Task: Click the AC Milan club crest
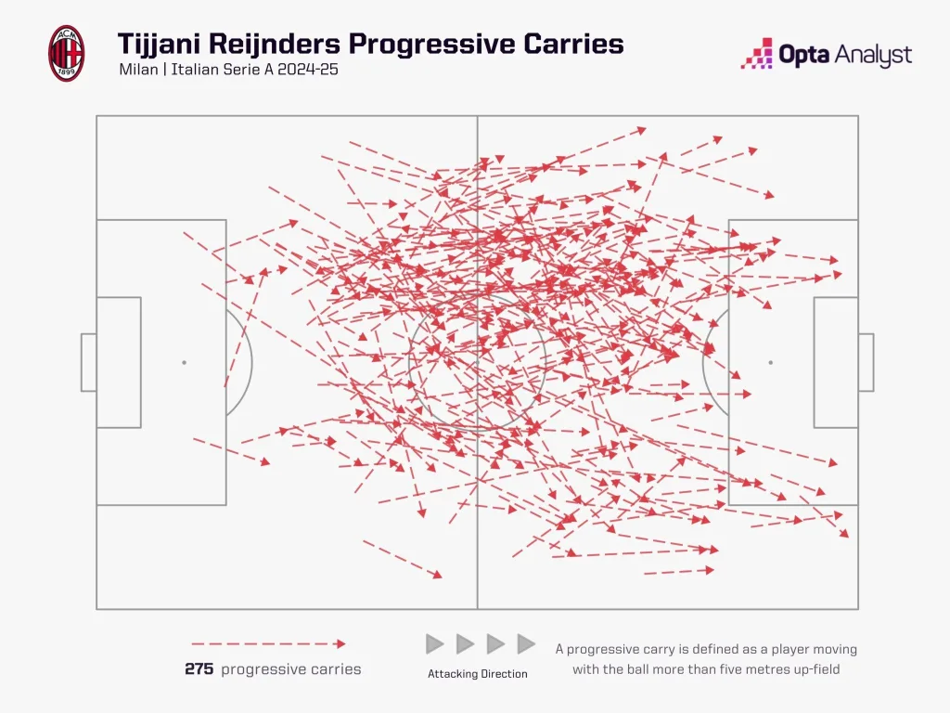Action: [x=66, y=53]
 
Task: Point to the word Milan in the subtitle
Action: [x=138, y=70]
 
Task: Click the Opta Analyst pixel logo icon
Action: [x=757, y=54]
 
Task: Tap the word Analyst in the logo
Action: [x=871, y=56]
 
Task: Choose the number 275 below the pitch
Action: [x=199, y=669]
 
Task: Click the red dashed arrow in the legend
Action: [x=268, y=643]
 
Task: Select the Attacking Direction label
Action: [x=478, y=674]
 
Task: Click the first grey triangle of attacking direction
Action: [x=434, y=643]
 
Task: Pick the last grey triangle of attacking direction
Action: [x=526, y=643]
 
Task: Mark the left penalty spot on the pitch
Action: [x=184, y=362]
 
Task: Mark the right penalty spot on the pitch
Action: [x=770, y=362]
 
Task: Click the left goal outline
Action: [x=88, y=362]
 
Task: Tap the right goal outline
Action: [x=866, y=362]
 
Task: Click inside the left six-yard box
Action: [x=119, y=362]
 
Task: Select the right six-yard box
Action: [x=835, y=362]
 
